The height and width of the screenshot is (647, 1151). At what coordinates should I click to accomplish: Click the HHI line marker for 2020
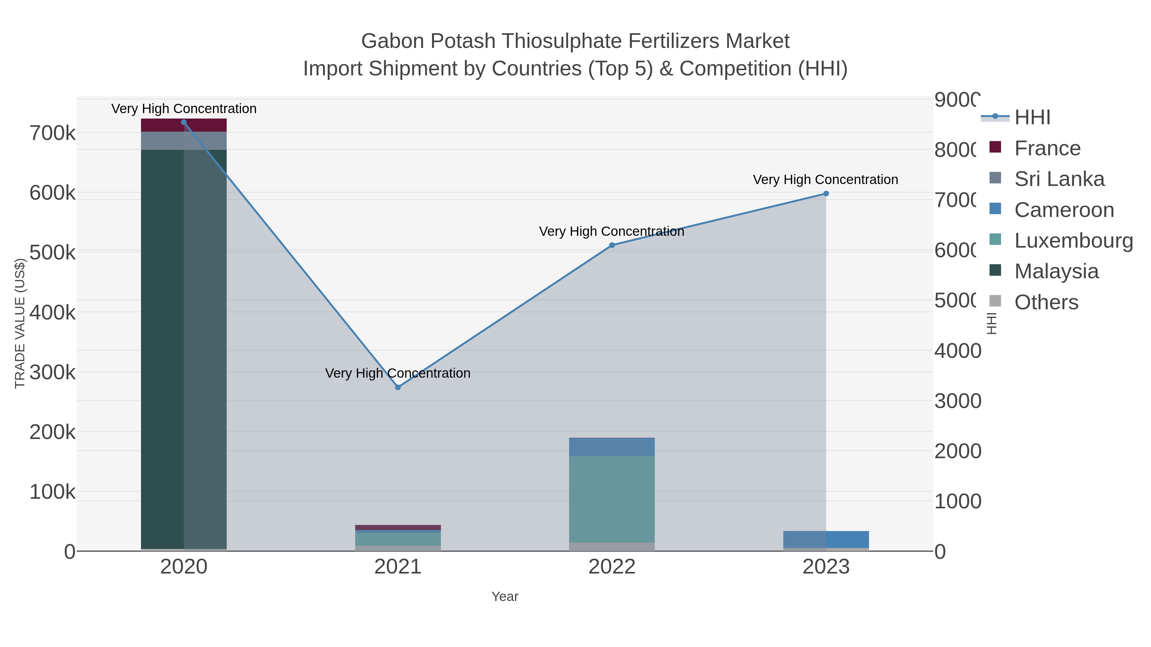coord(184,122)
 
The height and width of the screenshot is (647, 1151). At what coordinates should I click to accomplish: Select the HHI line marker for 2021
coord(398,388)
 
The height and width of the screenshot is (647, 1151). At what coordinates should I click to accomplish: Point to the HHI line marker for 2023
coord(826,194)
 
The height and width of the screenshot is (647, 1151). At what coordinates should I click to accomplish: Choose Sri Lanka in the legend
coord(1059,179)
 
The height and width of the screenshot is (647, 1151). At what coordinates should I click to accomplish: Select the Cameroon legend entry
coord(1064,210)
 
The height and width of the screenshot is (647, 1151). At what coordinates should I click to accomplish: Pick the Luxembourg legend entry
coord(1073,241)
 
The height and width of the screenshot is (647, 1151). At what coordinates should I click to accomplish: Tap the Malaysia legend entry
coord(1056,272)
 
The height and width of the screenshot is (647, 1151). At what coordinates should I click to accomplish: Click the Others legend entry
coord(1046,302)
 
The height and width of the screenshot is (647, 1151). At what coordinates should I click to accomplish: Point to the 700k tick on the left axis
coord(52,133)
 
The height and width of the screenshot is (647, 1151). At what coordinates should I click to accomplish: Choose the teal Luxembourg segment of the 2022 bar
coord(612,499)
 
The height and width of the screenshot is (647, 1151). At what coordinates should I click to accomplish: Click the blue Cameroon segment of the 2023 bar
coord(826,539)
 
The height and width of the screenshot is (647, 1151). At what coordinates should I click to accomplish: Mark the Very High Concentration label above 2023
coord(825,180)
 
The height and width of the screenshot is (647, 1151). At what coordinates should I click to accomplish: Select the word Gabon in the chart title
coord(392,41)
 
